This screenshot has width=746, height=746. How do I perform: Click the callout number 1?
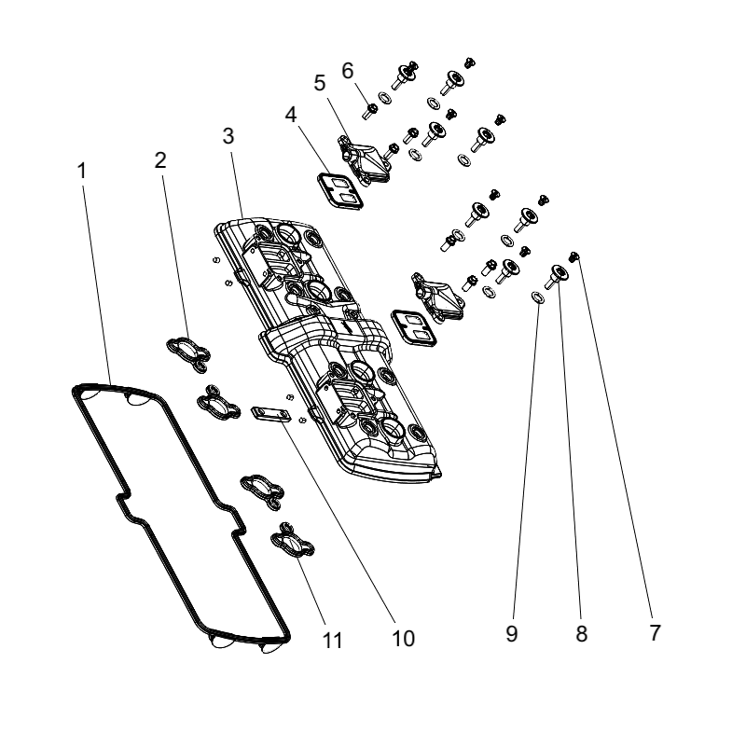tap(82, 171)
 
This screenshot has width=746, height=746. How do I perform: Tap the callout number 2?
tap(160, 160)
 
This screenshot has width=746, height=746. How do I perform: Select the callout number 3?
tap(228, 136)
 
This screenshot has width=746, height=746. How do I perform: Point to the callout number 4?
tap(291, 115)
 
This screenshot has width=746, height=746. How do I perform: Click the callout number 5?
tap(320, 83)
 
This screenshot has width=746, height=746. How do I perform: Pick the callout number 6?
tap(348, 71)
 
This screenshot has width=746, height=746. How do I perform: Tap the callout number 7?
tap(656, 633)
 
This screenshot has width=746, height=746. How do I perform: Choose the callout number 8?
tap(581, 634)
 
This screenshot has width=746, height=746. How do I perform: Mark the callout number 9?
tap(511, 634)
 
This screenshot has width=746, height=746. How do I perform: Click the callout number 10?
tap(403, 639)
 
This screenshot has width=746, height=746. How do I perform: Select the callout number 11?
tap(333, 641)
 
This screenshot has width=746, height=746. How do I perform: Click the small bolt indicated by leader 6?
tap(370, 111)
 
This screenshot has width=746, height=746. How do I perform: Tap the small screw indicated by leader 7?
tap(574, 256)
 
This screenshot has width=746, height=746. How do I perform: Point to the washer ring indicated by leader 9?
tap(538, 297)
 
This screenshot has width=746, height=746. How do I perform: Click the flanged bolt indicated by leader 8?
tap(556, 276)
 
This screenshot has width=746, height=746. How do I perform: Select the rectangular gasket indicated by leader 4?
tap(339, 190)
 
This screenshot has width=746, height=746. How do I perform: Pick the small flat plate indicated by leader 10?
tap(270, 414)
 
